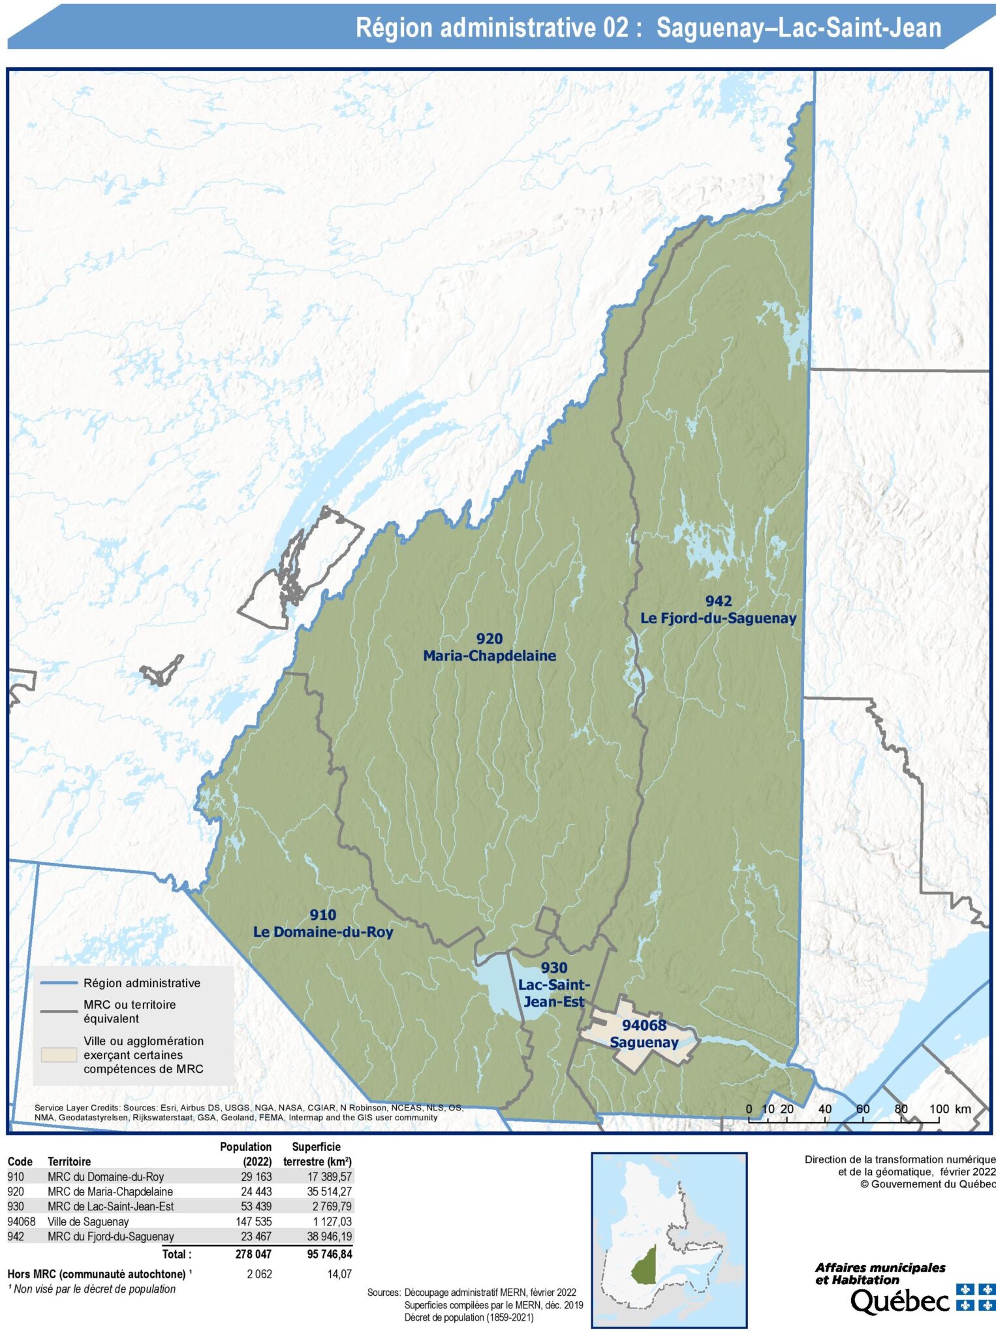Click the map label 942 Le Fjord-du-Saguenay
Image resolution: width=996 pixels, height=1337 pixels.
[x=718, y=610]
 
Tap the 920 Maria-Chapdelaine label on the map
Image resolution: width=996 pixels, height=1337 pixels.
[x=490, y=648]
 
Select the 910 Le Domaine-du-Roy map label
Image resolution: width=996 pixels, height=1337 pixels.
[x=323, y=924]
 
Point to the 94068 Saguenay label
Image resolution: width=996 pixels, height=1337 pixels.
[x=644, y=1033]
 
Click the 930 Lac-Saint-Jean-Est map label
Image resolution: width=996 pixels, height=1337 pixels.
[x=553, y=984]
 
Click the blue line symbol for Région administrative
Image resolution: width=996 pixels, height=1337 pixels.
[x=59, y=983]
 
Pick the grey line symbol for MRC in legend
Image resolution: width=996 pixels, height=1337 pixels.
[x=59, y=1011]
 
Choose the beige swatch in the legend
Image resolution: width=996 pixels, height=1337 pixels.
[x=59, y=1055]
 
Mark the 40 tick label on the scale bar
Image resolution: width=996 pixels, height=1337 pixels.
[x=824, y=1109]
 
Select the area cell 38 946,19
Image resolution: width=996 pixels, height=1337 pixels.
[x=329, y=1236]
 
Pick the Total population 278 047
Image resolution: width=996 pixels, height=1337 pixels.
[x=254, y=1254]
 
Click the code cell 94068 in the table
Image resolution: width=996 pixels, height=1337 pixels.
[x=22, y=1221]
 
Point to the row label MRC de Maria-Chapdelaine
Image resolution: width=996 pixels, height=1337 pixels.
[x=110, y=1191]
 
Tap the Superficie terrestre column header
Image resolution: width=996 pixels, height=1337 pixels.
[x=317, y=1154]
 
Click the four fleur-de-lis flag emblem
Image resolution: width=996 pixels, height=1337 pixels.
[x=976, y=1297]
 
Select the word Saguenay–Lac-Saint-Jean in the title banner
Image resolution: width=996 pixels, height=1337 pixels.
[x=798, y=28]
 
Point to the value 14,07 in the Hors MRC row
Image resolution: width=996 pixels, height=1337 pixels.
[x=339, y=1274]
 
